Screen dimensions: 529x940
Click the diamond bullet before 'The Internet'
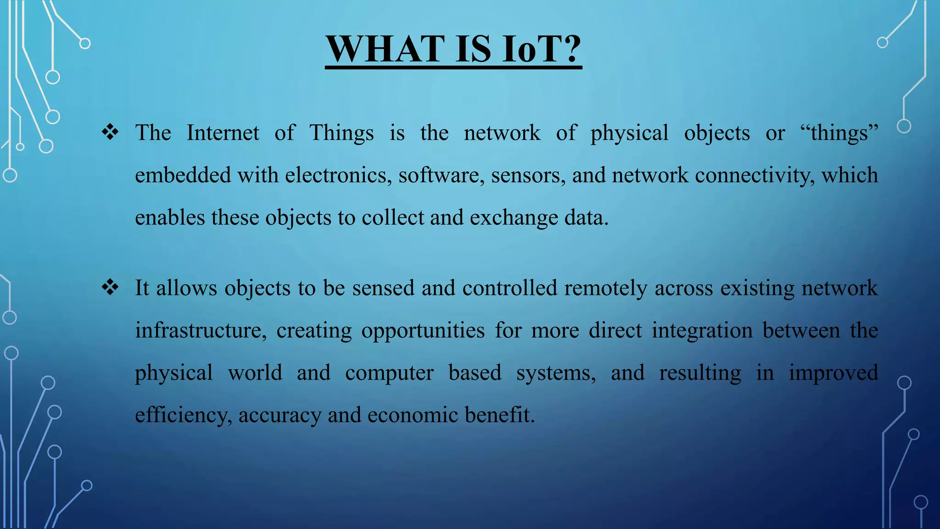[x=110, y=133]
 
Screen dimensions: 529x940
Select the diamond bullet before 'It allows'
[x=110, y=288]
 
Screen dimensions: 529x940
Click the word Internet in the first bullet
[x=223, y=133]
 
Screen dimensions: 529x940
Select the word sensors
[x=528, y=175]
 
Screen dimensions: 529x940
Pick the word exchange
[x=514, y=218]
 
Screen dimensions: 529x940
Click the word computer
[x=389, y=373]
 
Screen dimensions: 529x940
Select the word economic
[x=413, y=415]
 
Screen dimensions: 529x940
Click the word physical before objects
[x=629, y=133]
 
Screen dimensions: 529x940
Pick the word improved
[x=833, y=373]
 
